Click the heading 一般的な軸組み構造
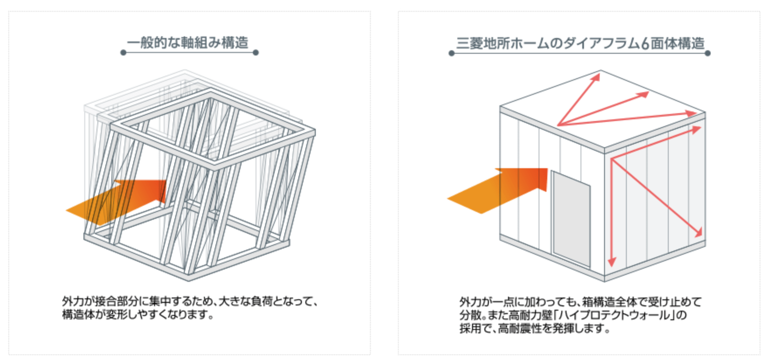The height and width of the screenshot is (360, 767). pos(187,43)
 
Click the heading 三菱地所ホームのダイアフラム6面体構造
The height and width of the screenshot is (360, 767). pos(580,43)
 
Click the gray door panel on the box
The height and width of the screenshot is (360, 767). pos(571,218)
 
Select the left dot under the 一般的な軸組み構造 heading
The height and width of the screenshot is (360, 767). pos(124,52)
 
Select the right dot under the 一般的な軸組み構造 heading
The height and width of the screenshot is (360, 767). pos(256,52)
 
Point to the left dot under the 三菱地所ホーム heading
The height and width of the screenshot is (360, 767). pos(452,53)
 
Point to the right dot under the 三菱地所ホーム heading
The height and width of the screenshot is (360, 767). pos(708,53)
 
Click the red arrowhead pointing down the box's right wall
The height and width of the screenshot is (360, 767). pos(612,261)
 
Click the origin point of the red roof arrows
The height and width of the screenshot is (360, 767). pos(558,126)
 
